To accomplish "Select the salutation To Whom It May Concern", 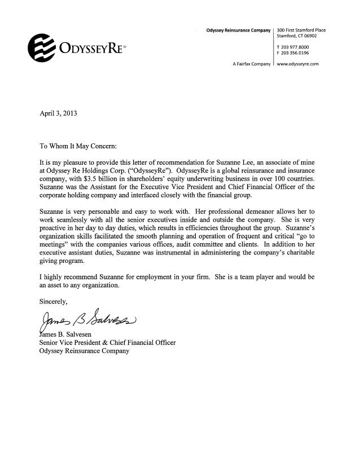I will point(77,146).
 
